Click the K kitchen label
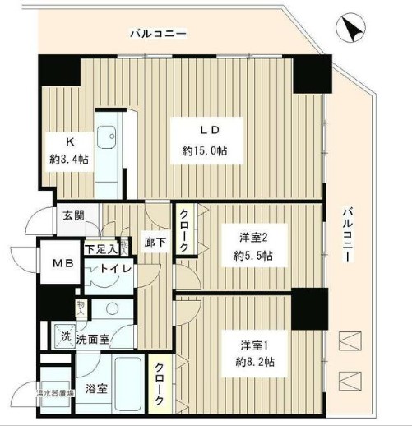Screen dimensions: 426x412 click(x=61, y=140)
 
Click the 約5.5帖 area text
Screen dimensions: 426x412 click(x=253, y=257)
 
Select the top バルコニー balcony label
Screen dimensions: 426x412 click(x=158, y=35)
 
